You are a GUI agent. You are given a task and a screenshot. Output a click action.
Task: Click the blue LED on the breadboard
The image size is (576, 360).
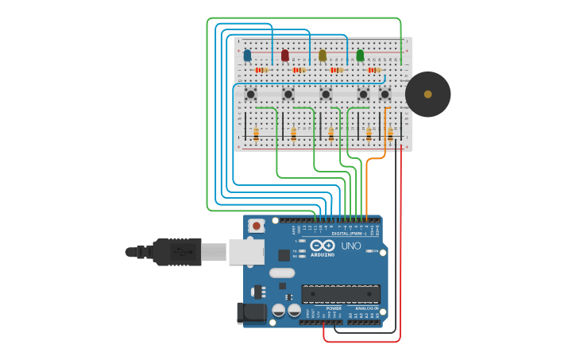click(247, 56)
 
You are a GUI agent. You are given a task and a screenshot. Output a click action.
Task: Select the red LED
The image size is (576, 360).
click(285, 56)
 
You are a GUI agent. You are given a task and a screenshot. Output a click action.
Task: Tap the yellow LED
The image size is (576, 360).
click(323, 56)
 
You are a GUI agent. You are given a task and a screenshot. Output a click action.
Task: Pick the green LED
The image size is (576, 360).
click(360, 56)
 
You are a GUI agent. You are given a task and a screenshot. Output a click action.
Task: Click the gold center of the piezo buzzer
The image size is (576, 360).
click(427, 94)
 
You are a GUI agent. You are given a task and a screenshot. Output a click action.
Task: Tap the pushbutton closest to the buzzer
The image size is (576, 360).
click(385, 95)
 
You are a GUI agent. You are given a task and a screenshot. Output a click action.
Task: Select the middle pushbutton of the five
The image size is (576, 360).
click(326, 95)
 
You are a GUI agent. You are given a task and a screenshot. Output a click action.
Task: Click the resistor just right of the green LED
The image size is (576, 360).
click(374, 70)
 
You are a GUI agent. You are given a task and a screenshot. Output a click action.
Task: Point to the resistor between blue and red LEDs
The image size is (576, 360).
click(261, 70)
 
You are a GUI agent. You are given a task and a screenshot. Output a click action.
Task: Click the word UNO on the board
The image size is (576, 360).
click(351, 246)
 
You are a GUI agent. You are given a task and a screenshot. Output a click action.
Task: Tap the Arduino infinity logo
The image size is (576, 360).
click(323, 246)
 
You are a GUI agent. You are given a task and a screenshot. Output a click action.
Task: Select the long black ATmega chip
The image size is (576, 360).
click(340, 293)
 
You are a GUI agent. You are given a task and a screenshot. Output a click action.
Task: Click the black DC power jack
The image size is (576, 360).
click(251, 312)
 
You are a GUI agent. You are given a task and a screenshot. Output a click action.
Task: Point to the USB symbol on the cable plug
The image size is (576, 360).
click(183, 252)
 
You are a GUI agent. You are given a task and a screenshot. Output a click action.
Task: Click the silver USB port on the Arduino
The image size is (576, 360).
click(246, 251)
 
